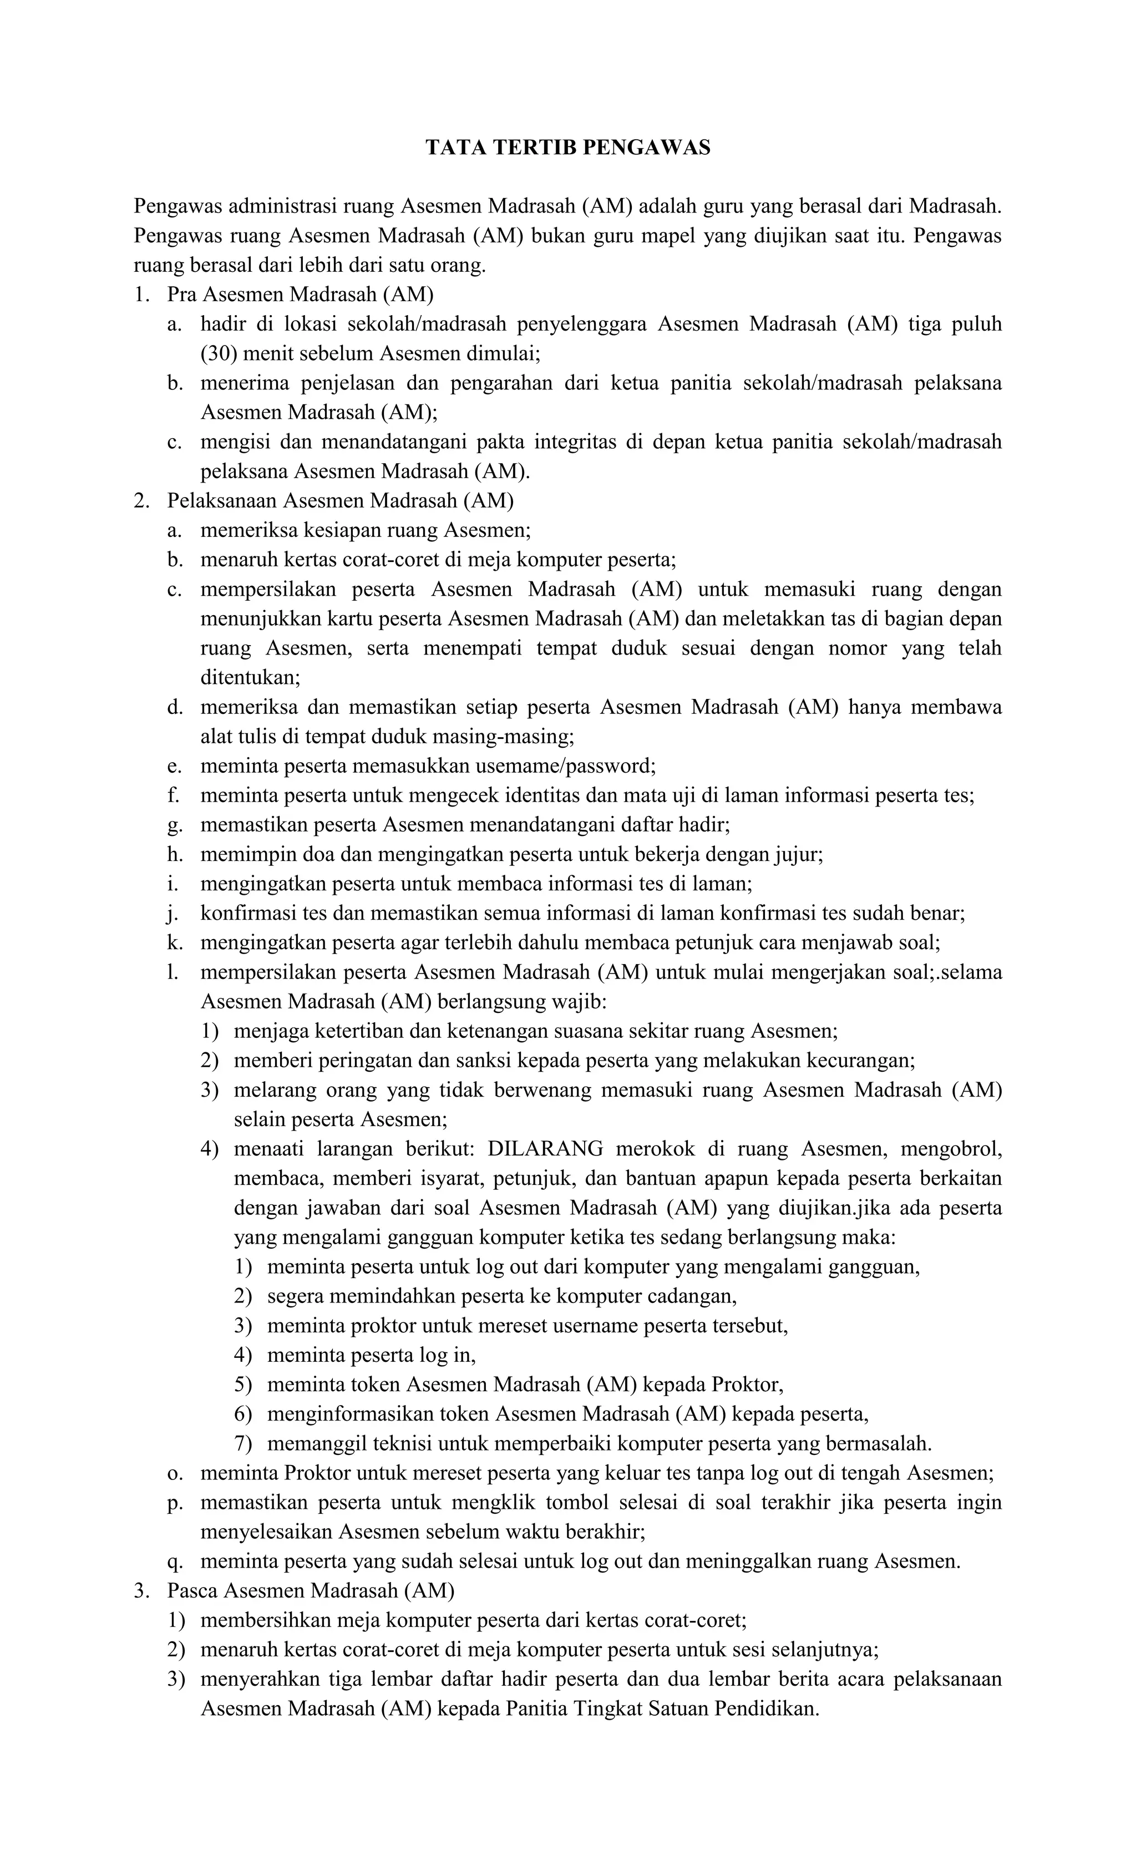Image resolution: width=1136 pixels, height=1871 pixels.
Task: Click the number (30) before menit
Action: (218, 353)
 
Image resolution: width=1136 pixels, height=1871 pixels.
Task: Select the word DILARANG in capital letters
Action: (545, 1148)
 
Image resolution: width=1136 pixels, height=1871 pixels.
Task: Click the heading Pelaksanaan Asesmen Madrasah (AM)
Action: (340, 500)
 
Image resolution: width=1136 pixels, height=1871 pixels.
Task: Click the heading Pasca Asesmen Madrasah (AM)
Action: (311, 1590)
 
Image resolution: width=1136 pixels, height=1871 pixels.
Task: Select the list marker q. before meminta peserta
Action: (175, 1561)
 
